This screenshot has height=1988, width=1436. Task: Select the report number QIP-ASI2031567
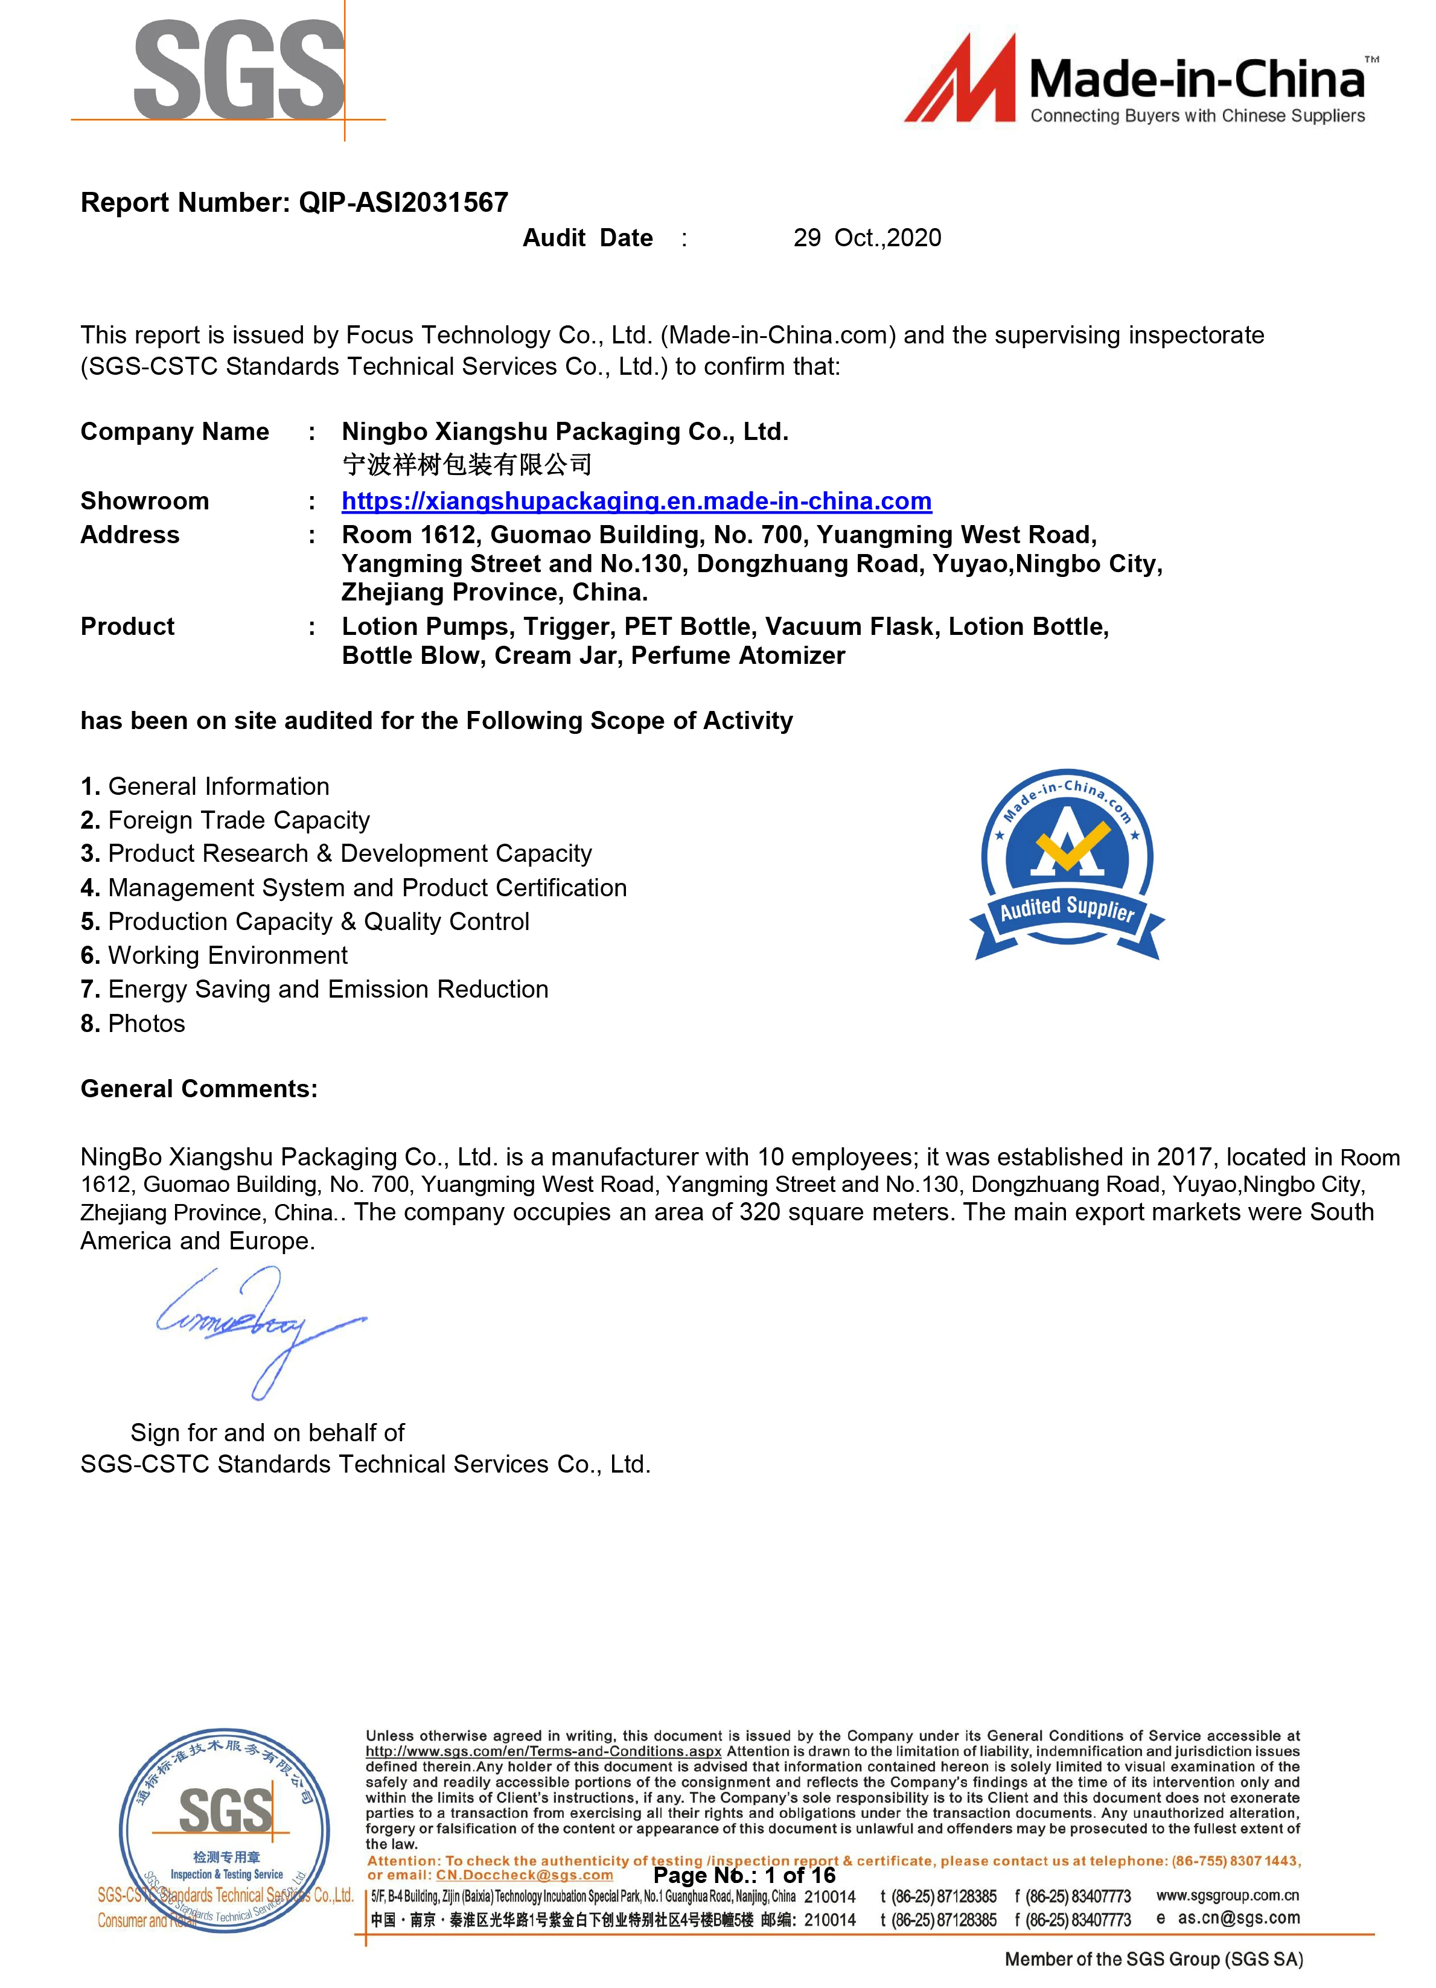point(403,203)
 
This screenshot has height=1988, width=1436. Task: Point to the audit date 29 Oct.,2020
point(866,238)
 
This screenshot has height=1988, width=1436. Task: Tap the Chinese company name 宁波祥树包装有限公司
point(467,465)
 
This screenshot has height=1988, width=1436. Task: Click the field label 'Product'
point(127,626)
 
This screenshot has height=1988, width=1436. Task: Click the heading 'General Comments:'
point(199,1089)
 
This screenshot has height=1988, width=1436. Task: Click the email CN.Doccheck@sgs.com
point(525,1875)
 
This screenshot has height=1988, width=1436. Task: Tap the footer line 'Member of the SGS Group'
point(1153,1959)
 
